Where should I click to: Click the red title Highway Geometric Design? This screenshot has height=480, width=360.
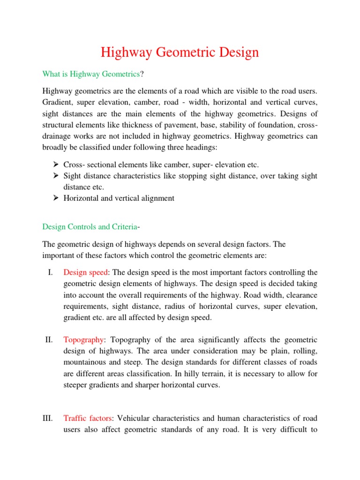tap(180, 52)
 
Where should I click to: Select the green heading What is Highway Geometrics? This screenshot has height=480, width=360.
tap(91, 74)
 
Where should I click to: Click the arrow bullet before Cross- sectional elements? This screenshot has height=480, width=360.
tap(55, 165)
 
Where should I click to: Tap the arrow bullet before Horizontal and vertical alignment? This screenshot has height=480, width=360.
tap(55, 198)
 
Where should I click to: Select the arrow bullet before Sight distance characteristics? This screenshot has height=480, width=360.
tap(55, 176)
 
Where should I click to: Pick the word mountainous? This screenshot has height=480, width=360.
tap(87, 362)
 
